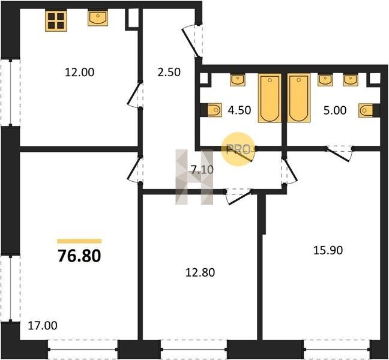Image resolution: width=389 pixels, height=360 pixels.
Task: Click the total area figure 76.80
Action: (x=79, y=256)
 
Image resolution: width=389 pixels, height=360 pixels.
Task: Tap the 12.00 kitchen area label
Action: (x=79, y=73)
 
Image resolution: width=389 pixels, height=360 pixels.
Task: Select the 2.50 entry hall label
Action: (x=169, y=73)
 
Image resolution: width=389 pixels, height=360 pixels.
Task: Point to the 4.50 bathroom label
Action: (x=240, y=110)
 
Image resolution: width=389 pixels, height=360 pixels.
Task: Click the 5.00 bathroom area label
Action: (x=335, y=110)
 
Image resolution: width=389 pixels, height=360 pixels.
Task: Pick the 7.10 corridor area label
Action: (x=202, y=170)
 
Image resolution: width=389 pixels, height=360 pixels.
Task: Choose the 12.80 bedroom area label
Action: (x=201, y=272)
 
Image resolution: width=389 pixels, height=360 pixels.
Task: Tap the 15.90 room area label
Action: (x=328, y=250)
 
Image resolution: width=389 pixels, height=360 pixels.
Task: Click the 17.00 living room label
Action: (x=43, y=326)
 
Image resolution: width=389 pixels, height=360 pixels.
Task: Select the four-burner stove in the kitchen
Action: (x=56, y=21)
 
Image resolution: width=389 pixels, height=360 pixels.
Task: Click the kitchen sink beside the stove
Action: (x=98, y=18)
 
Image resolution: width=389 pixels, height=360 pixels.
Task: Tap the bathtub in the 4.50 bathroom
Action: (x=270, y=98)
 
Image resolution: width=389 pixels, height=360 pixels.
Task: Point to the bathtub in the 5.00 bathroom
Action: (x=299, y=98)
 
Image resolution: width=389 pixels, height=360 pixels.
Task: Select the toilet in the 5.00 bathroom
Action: (x=366, y=110)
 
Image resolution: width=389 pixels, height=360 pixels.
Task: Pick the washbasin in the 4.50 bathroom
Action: (x=238, y=80)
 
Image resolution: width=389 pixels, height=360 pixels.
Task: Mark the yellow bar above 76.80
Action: (x=79, y=241)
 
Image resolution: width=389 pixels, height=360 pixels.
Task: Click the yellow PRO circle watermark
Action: (x=238, y=149)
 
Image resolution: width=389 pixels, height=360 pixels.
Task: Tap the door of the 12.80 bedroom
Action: (x=239, y=196)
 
